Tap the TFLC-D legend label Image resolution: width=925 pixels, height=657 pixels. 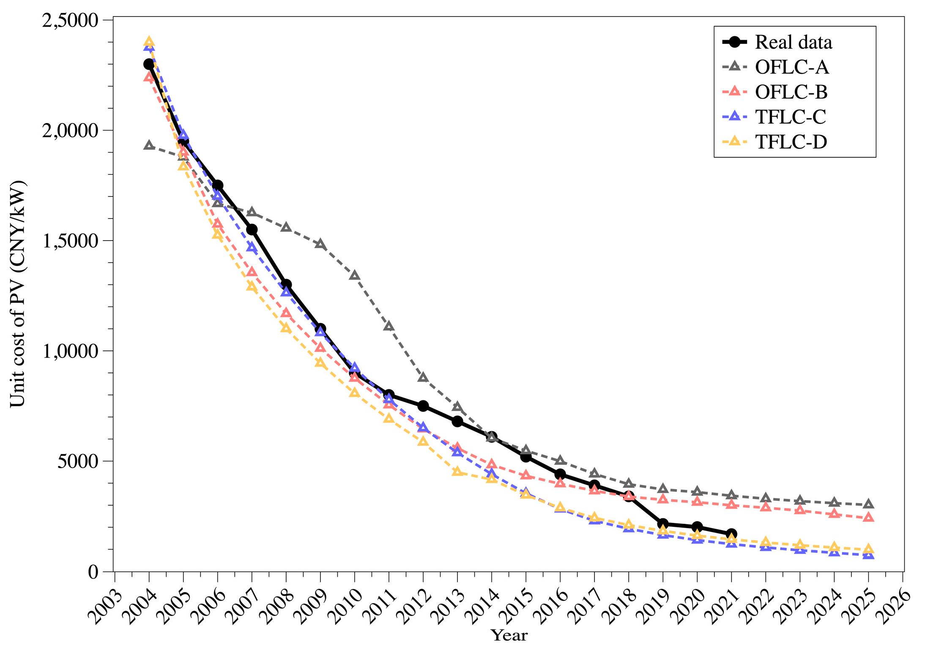[x=791, y=142]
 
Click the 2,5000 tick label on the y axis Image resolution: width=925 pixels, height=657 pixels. [x=70, y=20]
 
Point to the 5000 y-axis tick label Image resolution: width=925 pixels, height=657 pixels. [x=77, y=461]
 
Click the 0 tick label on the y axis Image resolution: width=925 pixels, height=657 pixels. [x=93, y=572]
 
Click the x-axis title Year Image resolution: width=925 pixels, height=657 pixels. [x=509, y=635]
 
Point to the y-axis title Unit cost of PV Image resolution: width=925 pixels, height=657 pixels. [x=18, y=293]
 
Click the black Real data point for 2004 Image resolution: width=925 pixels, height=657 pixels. [x=149, y=64]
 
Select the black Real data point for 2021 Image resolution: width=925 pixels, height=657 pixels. [x=731, y=534]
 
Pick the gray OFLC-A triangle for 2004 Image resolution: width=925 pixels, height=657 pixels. [x=149, y=145]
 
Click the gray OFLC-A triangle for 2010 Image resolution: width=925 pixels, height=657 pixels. [x=354, y=276]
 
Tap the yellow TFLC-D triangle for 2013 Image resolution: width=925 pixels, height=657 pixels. [x=457, y=471]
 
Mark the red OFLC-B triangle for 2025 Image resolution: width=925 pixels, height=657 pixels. [x=868, y=517]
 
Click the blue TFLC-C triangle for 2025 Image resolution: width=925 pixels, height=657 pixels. [x=868, y=555]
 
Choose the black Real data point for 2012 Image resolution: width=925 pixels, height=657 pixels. [x=423, y=406]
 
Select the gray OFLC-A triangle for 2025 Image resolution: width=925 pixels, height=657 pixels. [x=868, y=504]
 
